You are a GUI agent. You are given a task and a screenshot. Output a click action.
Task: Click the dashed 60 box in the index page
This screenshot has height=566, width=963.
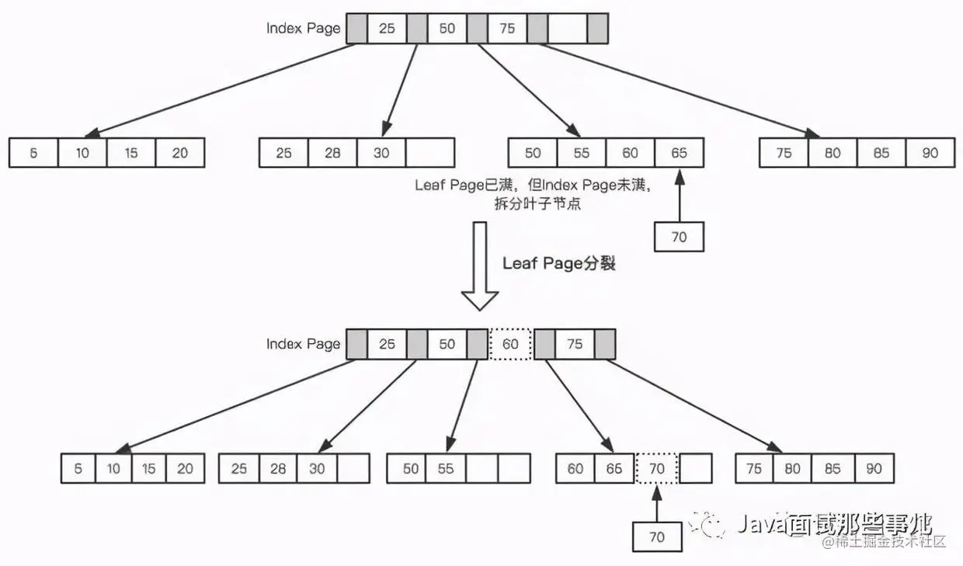pyautogui.click(x=510, y=344)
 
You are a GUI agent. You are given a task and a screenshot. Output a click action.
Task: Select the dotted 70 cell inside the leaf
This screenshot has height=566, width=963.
pyautogui.click(x=656, y=468)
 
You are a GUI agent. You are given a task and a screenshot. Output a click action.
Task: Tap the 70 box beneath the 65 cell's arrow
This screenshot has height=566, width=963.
pyautogui.click(x=679, y=237)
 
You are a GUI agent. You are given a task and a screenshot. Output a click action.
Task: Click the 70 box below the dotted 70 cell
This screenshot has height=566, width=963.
pyautogui.click(x=656, y=536)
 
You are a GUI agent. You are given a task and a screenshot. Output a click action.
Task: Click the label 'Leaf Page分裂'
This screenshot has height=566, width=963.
pyautogui.click(x=558, y=263)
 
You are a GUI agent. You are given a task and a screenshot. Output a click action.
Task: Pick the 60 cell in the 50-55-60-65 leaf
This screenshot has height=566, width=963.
pyautogui.click(x=630, y=153)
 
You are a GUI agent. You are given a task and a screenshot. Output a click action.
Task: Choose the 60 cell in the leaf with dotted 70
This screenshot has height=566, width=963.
pyautogui.click(x=575, y=468)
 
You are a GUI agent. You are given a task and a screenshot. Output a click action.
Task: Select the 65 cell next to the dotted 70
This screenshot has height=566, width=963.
pyautogui.click(x=615, y=468)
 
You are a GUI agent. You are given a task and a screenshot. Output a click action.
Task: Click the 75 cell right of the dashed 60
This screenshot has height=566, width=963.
pyautogui.click(x=575, y=344)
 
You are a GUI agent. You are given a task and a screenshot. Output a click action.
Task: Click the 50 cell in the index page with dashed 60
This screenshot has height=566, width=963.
pyautogui.click(x=447, y=344)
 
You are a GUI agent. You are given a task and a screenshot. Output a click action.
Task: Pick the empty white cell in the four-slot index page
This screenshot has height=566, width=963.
pyautogui.click(x=568, y=29)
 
